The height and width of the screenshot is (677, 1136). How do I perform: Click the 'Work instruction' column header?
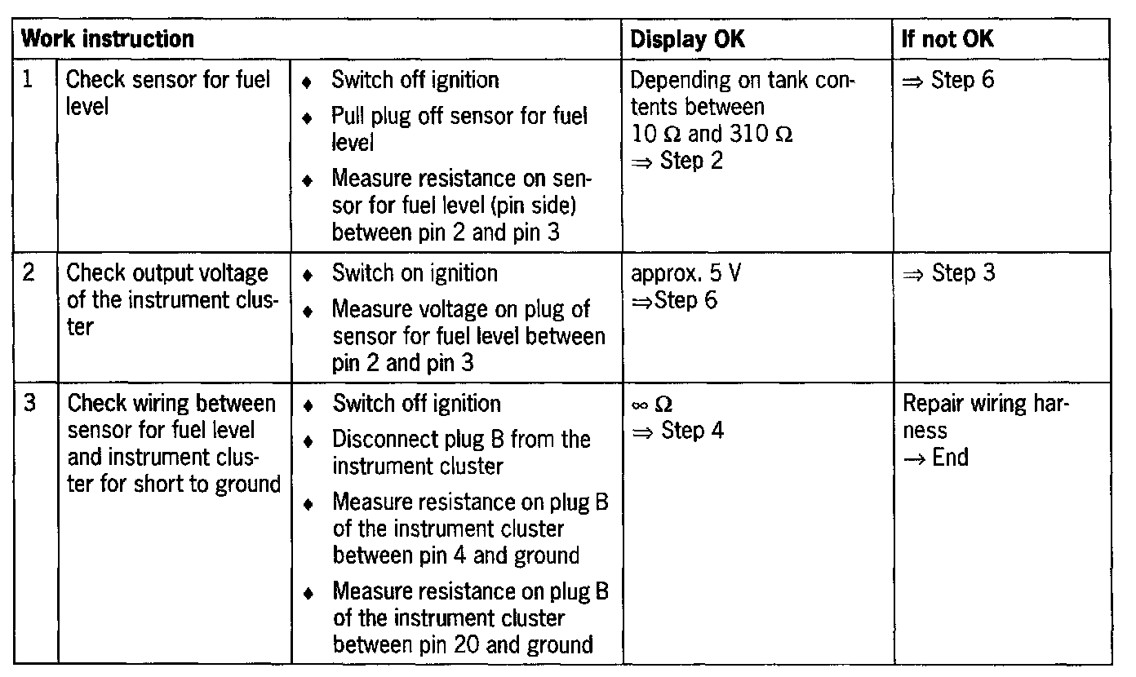107,38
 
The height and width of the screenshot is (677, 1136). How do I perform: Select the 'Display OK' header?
687,38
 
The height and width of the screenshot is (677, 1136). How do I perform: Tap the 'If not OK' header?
947,38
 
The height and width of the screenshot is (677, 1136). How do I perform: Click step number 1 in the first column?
29,80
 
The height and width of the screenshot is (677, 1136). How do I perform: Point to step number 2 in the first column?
29,272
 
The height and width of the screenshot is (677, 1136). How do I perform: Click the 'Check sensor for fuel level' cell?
167,93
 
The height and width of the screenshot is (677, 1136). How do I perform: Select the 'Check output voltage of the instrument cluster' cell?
168,299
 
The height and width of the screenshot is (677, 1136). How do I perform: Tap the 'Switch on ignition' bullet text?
415,272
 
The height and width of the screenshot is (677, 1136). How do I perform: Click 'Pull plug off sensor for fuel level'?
459,129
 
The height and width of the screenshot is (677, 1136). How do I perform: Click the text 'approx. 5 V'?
686,272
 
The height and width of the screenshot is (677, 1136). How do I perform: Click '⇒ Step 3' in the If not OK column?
948,272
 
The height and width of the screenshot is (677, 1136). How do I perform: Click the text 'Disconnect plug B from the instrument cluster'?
460,453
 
